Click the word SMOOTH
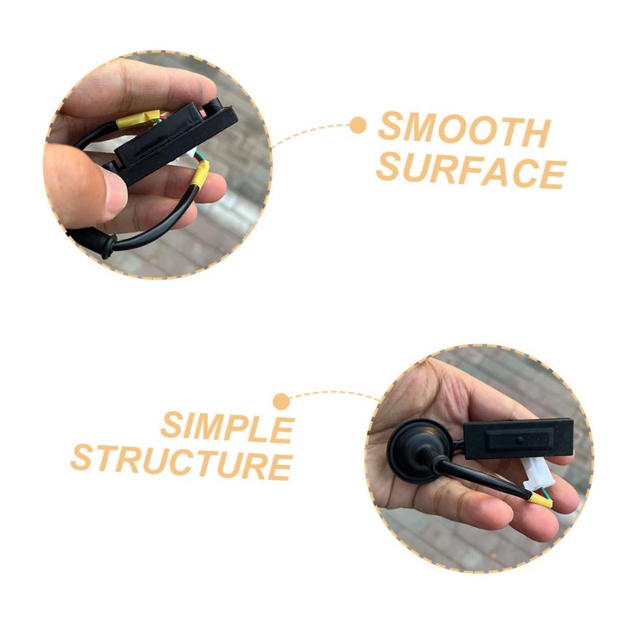click(464, 131)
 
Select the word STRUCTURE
click(182, 461)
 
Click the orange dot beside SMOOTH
click(358, 125)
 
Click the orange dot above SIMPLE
click(280, 401)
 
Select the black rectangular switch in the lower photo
click(518, 440)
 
